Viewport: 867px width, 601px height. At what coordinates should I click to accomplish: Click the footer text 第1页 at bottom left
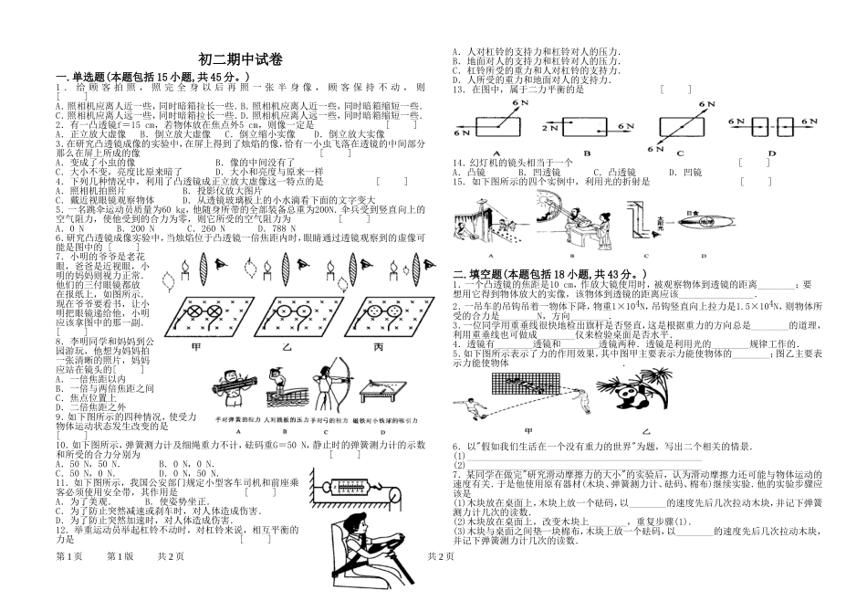(69, 581)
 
